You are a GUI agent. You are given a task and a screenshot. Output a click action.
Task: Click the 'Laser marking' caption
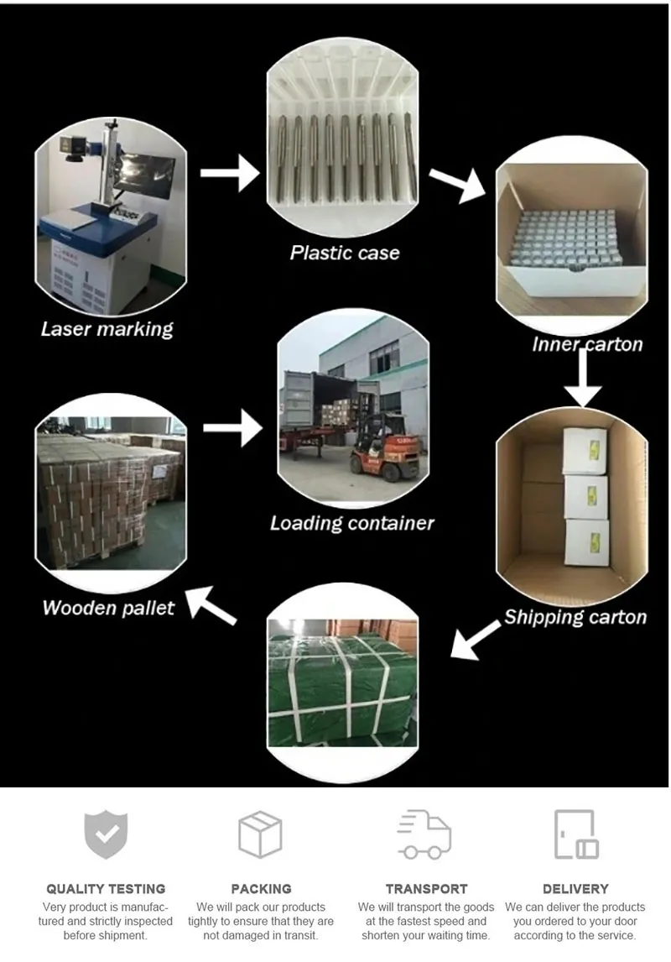pos(107,328)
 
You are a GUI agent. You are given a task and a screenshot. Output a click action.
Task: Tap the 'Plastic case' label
pos(344,252)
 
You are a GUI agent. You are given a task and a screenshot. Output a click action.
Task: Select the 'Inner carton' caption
pos(587,344)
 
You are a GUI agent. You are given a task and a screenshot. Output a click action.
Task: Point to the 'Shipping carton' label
pos(575,617)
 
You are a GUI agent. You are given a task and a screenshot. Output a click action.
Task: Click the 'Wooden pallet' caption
pos(108,607)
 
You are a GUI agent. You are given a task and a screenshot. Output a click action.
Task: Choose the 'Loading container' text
pos(351,523)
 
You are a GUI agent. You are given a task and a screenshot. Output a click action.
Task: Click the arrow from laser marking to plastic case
pos(231,172)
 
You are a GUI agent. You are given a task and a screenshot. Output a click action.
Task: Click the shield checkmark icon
pos(106,834)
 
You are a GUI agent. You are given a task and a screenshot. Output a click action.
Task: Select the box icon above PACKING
pos(260,834)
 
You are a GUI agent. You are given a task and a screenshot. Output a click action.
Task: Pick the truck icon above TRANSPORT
pos(424,834)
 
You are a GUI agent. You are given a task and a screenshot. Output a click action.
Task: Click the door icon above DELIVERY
pos(575,834)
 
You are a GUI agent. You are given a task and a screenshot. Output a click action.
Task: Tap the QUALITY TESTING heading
pos(106,888)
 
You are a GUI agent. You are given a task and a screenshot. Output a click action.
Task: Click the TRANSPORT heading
pos(426,888)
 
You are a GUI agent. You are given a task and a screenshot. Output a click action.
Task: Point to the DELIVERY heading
pos(575,888)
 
